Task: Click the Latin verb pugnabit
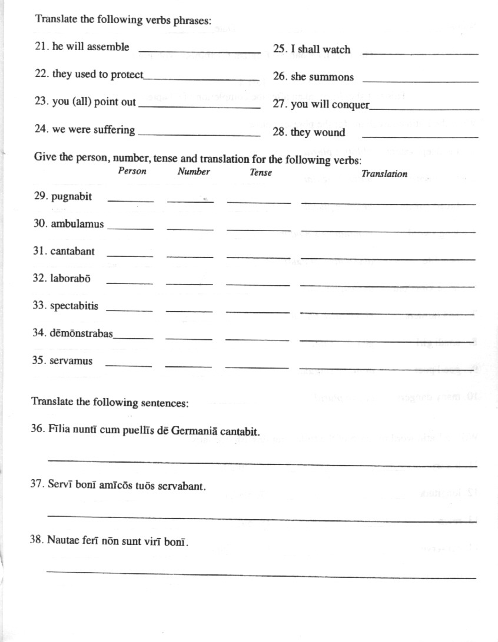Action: (x=71, y=197)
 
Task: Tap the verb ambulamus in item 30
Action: (x=77, y=224)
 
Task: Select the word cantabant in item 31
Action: (x=72, y=251)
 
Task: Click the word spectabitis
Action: (x=74, y=306)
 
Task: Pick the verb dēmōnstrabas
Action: (x=81, y=333)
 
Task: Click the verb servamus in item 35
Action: (x=71, y=360)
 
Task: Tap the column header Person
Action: (x=132, y=171)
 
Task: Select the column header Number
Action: (x=194, y=172)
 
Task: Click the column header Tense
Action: (x=261, y=172)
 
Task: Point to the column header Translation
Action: (x=384, y=173)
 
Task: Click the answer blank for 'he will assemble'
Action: (x=199, y=51)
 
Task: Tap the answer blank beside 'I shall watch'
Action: (x=420, y=53)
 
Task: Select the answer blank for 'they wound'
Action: (x=420, y=136)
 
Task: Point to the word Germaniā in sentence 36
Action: (x=198, y=431)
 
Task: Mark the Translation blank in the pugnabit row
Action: (x=388, y=203)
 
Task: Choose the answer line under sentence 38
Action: (x=261, y=574)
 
